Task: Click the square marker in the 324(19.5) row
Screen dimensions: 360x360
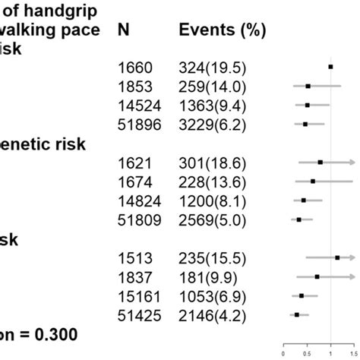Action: pyautogui.click(x=330, y=67)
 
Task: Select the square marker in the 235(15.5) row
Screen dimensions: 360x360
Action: pyautogui.click(x=337, y=257)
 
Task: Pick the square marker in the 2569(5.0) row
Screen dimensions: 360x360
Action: pyautogui.click(x=298, y=219)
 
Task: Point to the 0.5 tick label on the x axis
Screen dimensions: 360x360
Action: pyautogui.click(x=307, y=352)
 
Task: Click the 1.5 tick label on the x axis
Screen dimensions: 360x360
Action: pyautogui.click(x=354, y=352)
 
